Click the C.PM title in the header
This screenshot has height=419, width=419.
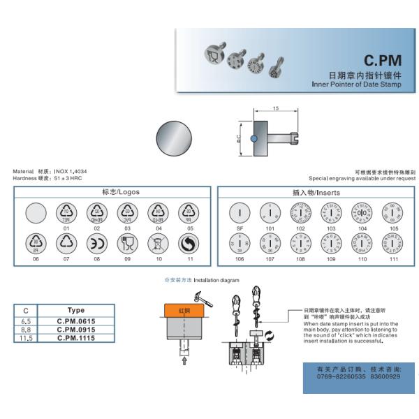click(x=383, y=61)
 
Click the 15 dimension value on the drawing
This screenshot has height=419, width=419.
click(x=276, y=109)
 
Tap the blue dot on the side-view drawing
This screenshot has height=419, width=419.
click(x=253, y=138)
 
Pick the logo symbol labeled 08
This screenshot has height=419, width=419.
click(x=96, y=242)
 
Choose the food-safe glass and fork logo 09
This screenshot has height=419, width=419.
click(x=128, y=242)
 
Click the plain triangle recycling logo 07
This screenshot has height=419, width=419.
click(x=66, y=242)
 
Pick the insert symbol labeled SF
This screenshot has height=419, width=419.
click(x=239, y=212)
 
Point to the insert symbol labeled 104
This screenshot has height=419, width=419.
click(x=361, y=212)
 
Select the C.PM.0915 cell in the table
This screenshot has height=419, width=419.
click(x=75, y=330)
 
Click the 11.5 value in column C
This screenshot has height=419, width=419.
click(x=26, y=338)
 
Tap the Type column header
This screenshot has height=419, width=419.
click(x=75, y=310)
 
